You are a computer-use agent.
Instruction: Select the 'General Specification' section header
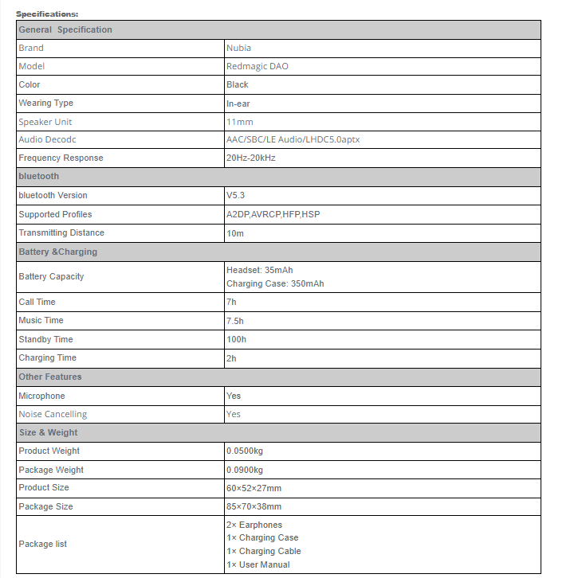[65, 29]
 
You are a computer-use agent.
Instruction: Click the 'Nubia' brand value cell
[238, 48]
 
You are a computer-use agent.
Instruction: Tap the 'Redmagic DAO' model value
[257, 66]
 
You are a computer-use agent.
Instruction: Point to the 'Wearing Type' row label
[45, 103]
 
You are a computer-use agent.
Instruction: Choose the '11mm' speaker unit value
[239, 122]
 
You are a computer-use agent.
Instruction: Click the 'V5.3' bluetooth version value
[236, 195]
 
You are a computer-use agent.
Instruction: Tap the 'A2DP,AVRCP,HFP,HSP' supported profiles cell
[273, 214]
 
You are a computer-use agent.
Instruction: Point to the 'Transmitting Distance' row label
[61, 232]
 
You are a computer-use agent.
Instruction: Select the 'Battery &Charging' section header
[57, 252]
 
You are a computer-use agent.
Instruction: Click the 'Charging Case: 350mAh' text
[275, 283]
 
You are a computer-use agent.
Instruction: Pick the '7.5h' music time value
[236, 320]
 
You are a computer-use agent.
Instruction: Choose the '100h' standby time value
[236, 339]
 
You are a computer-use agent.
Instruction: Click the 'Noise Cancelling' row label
[53, 414]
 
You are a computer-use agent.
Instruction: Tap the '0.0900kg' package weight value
[244, 470]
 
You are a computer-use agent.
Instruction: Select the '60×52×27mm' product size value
[254, 487]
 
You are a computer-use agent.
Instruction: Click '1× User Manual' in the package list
[258, 564]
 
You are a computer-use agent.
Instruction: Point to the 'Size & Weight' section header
[48, 432]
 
